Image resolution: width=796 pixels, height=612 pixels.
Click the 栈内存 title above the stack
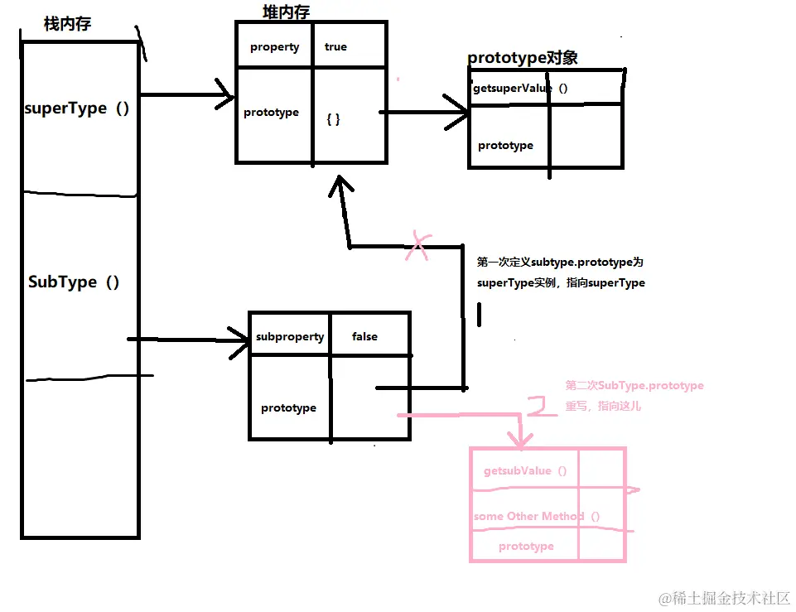(67, 24)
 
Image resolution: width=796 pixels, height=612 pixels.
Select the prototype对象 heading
(522, 58)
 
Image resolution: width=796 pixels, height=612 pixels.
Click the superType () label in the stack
(77, 108)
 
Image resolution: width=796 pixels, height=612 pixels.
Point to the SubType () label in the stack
(74, 282)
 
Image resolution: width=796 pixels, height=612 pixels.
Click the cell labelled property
(274, 47)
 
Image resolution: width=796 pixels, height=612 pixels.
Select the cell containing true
(335, 47)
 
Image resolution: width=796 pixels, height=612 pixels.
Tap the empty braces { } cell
(334, 119)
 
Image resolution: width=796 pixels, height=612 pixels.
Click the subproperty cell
(289, 336)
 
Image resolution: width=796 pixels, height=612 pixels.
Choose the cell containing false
(364, 336)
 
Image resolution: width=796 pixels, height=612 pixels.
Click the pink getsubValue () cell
(525, 470)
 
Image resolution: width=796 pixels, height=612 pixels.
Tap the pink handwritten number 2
(543, 407)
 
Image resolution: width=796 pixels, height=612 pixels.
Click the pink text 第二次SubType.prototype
(634, 386)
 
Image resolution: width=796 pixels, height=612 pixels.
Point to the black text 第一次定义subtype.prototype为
(560, 262)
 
